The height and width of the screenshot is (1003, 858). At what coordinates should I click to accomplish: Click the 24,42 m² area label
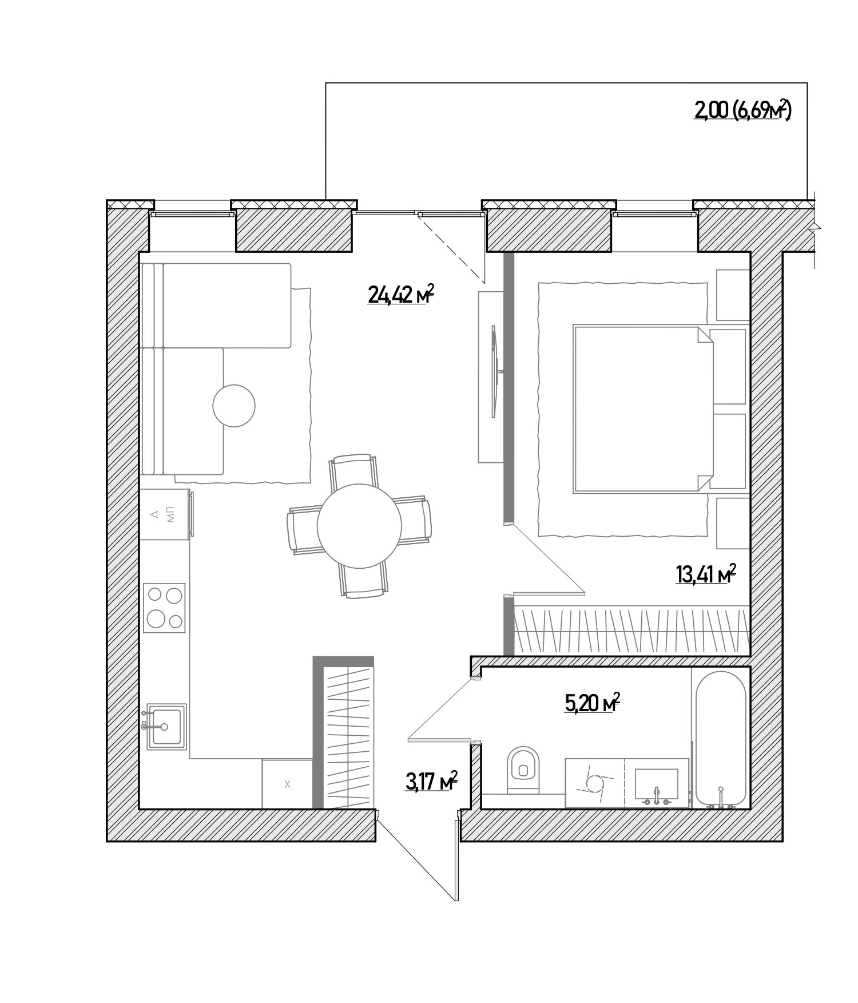point(401,295)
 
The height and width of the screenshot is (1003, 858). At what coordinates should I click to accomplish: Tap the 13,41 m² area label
point(705,574)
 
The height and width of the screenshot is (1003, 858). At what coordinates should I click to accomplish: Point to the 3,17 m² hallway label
point(431,781)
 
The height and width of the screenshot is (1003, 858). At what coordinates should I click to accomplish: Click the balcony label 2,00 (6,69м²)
point(742,110)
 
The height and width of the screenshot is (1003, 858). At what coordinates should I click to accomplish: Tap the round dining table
point(359,526)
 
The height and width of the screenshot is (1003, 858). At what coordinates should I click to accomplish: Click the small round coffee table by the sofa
point(233,406)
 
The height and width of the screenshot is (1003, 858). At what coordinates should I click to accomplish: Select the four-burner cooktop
point(164,608)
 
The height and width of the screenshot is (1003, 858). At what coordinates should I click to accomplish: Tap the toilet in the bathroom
point(523,770)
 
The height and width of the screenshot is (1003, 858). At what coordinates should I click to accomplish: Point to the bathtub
point(720,739)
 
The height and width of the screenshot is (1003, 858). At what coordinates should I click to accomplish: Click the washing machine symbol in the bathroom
point(595,783)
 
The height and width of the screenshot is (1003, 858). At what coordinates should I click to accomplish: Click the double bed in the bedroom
point(643,409)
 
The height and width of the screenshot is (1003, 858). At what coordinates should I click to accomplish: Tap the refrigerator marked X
point(287,784)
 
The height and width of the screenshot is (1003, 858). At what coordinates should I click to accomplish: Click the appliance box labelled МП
point(165,514)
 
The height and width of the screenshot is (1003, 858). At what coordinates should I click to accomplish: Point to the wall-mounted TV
point(495,371)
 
